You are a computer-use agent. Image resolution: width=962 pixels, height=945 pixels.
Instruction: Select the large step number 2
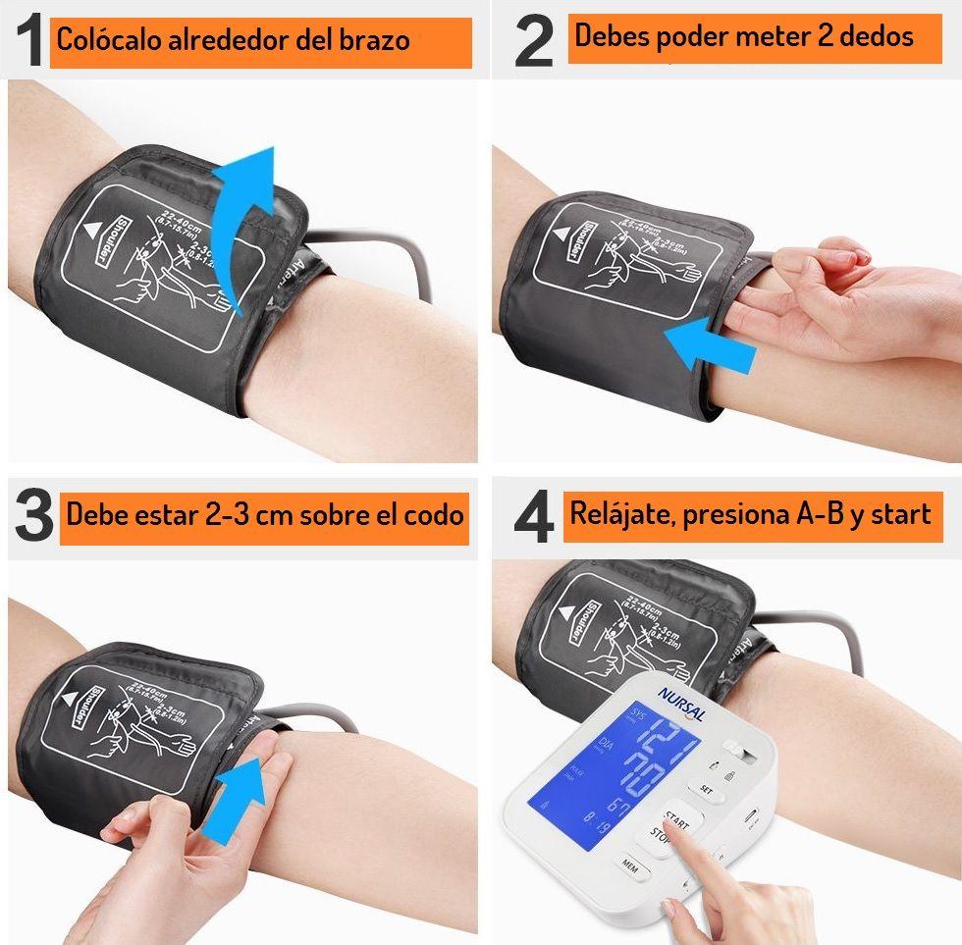(534, 42)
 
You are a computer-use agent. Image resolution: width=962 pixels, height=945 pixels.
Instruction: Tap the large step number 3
(34, 517)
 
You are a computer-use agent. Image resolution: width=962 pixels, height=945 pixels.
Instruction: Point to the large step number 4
(534, 517)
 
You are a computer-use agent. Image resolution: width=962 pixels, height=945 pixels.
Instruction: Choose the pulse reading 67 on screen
(617, 807)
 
